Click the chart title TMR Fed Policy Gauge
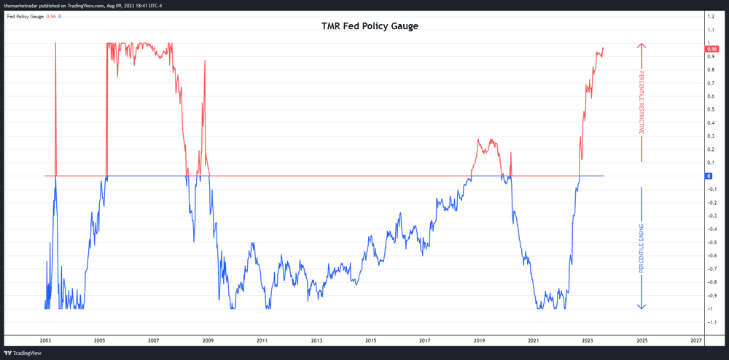tap(370, 26)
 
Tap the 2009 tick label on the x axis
tap(208, 340)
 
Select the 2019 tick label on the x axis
tap(480, 340)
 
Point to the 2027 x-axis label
tap(696, 340)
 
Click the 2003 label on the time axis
tap(45, 340)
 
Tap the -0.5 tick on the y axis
tap(710, 242)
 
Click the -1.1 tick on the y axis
tap(710, 322)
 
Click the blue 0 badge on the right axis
tap(709, 176)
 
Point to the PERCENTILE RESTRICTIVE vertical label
tap(642, 102)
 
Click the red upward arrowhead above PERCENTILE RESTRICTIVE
tap(642, 46)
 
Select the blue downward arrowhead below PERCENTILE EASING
tap(642, 305)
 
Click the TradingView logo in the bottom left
tap(21, 353)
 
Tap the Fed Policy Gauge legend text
tap(26, 15)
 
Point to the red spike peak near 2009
tap(205, 61)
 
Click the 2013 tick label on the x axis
tap(316, 340)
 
